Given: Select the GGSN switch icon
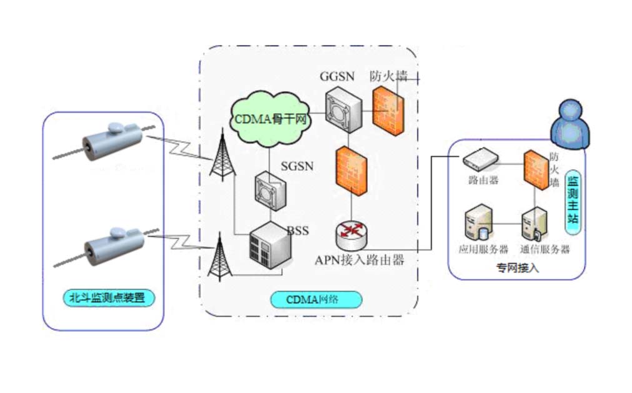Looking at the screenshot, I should pos(343,109).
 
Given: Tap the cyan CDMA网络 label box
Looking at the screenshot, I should pos(316,299).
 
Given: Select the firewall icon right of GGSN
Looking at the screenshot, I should pos(387,109).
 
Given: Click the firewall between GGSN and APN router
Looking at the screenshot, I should pos(352,169).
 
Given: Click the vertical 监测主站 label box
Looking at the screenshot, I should pos(573,200).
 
